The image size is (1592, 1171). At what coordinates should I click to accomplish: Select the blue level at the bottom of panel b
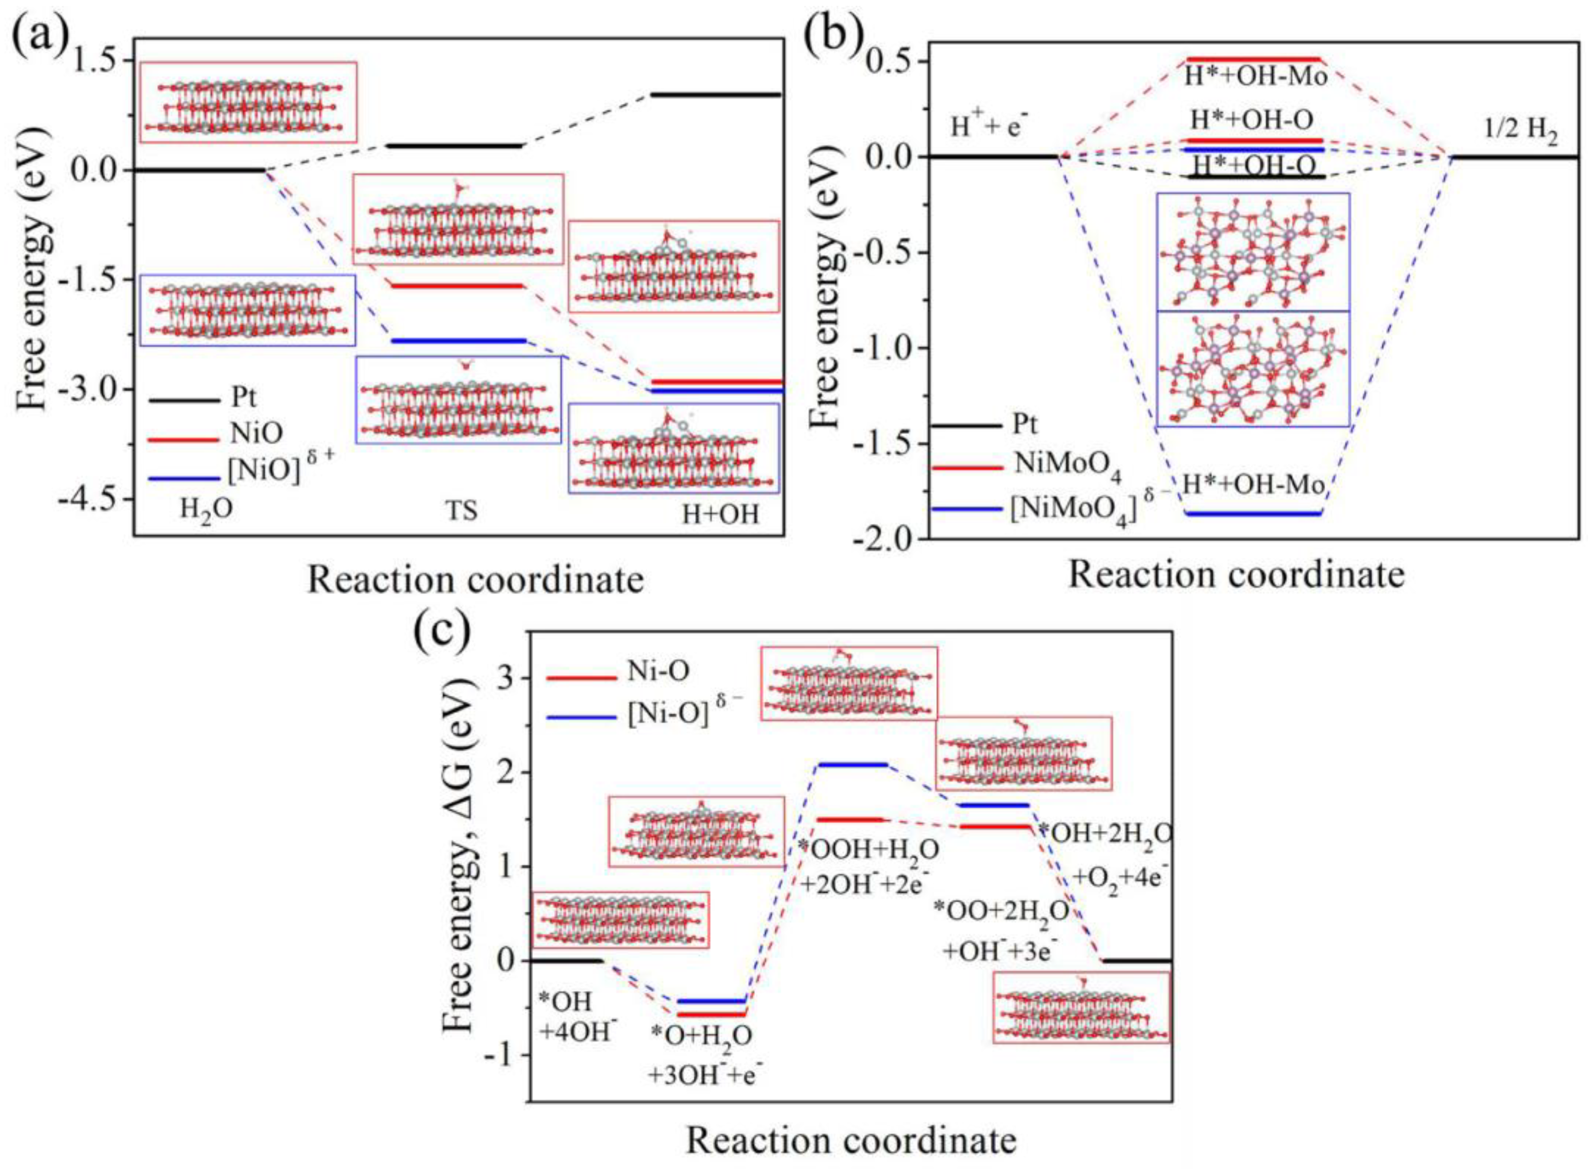(1254, 514)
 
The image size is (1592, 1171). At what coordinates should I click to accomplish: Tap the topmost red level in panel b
(1254, 59)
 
